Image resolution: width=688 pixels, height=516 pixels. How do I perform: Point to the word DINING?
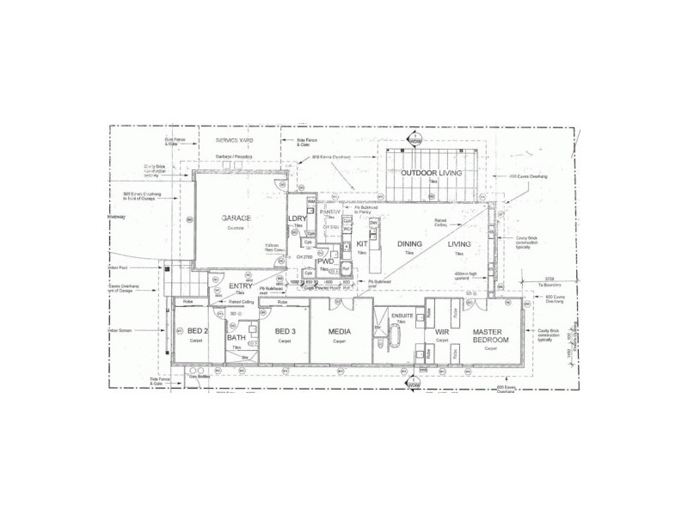tap(409, 244)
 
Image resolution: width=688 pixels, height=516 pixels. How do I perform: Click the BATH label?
tap(236, 338)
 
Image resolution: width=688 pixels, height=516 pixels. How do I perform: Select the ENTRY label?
tap(241, 286)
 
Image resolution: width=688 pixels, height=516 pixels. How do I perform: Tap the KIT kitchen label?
tap(362, 244)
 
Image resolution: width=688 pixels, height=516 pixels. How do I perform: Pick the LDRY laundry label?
tap(298, 218)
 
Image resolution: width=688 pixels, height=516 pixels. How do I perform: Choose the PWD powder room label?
tap(324, 261)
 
